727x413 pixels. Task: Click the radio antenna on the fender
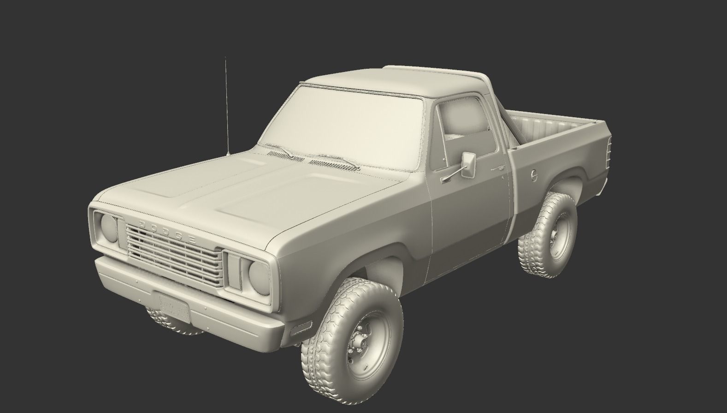(226, 106)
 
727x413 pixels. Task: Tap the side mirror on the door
(468, 164)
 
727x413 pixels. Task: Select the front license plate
(173, 307)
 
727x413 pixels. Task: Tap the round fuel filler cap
(533, 175)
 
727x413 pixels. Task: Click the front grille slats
(173, 256)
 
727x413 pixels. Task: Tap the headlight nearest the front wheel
(259, 276)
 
